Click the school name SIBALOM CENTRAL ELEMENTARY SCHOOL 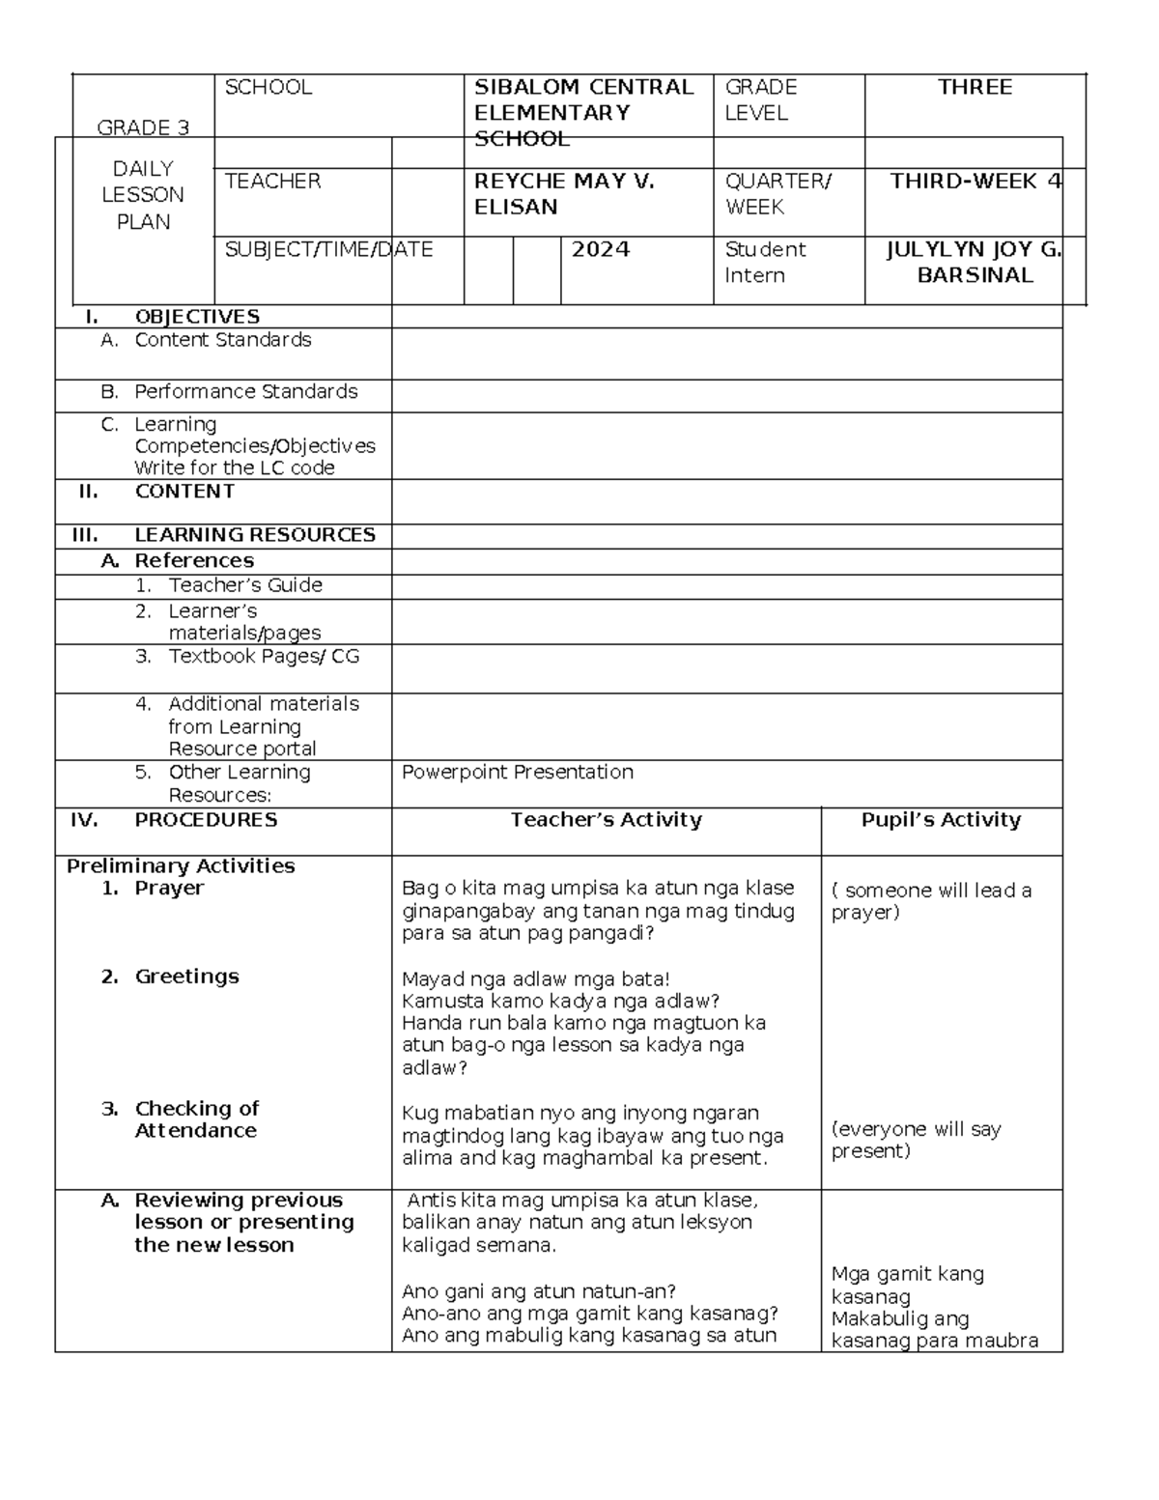[583, 113]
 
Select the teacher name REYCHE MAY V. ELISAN [564, 194]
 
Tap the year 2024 [601, 250]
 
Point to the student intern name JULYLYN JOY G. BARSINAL [975, 263]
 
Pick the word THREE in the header [975, 88]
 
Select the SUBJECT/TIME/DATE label [328, 250]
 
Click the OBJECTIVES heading [197, 317]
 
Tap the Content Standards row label [222, 340]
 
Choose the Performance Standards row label [245, 392]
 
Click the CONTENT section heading [184, 492]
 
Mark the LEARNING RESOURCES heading [254, 535]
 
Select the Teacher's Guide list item [244, 585]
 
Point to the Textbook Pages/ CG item [264, 657]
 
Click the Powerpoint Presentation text [518, 773]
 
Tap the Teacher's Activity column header [606, 820]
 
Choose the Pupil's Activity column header [941, 820]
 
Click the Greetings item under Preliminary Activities [186, 976]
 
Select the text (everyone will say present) [916, 1140]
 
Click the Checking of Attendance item [196, 1119]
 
